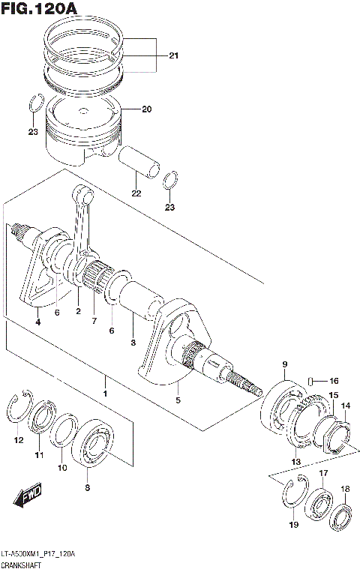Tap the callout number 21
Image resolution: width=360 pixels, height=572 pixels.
coord(174,56)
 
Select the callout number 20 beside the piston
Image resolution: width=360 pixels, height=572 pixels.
coord(146,109)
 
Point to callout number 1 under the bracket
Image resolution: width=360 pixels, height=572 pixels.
coord(106,394)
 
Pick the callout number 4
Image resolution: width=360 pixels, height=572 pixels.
coord(38,322)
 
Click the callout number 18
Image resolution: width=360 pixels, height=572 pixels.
coord(345,490)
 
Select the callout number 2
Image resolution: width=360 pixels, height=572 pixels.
coord(77,310)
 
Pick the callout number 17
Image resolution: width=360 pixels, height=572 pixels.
coord(323,473)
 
